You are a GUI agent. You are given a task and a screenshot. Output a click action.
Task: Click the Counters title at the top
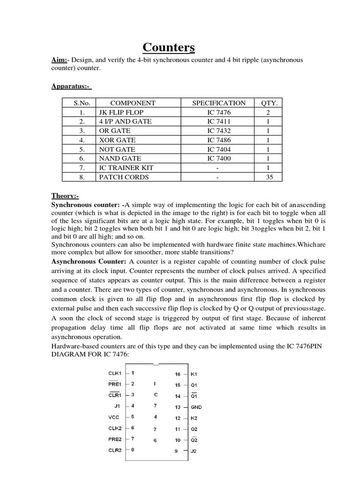click(169, 48)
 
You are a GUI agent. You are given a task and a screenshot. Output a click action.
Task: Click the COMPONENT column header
click(133, 103)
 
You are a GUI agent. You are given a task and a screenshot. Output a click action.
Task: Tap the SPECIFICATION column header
click(219, 103)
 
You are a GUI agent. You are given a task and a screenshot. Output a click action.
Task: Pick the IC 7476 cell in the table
click(219, 112)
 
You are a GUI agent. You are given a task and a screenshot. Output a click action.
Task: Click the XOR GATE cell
click(117, 140)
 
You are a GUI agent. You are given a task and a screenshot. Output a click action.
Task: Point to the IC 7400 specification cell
click(219, 158)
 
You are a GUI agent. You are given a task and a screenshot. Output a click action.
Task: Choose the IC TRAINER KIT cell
click(126, 168)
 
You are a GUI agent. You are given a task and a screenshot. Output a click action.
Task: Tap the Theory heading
click(65, 196)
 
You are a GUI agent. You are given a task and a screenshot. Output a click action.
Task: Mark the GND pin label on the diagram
click(196, 407)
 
